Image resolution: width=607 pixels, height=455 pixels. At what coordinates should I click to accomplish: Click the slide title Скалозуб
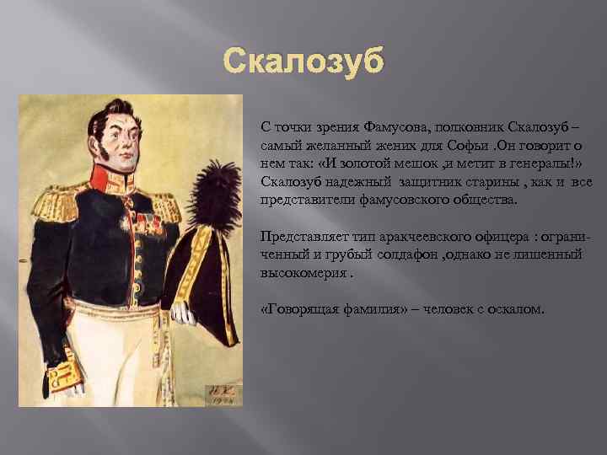pos(303,61)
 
